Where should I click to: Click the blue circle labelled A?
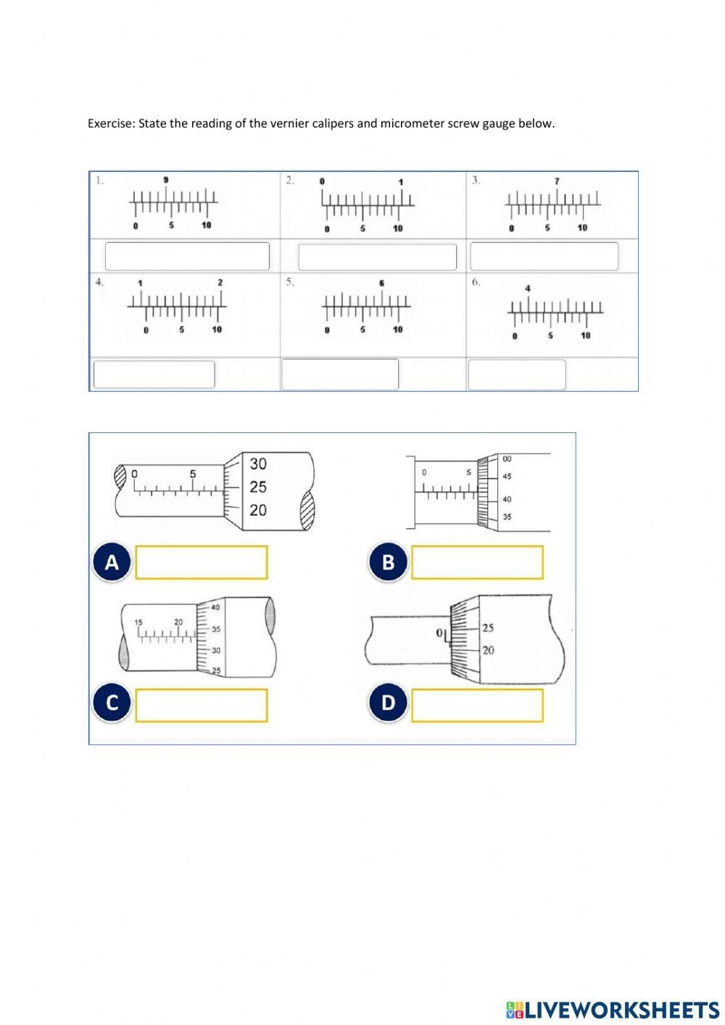[112, 562]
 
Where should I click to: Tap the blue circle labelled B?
[388, 562]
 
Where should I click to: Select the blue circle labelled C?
[112, 703]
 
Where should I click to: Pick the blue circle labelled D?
[388, 703]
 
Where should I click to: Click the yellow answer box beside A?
[201, 562]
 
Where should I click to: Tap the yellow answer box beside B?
[477, 562]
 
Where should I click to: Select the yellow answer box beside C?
[201, 705]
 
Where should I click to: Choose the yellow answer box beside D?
[477, 705]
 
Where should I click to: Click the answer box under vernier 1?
[187, 256]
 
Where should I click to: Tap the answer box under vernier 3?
[544, 256]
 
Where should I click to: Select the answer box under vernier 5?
[339, 374]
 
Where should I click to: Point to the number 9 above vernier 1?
[166, 180]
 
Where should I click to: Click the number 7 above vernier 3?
[557, 181]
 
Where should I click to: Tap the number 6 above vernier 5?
[381, 283]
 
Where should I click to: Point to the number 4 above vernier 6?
[528, 289]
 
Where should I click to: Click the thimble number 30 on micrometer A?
[258, 464]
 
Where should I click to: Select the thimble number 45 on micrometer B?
[507, 477]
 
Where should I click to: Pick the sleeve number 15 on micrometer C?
[139, 622]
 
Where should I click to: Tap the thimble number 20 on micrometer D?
[488, 650]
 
